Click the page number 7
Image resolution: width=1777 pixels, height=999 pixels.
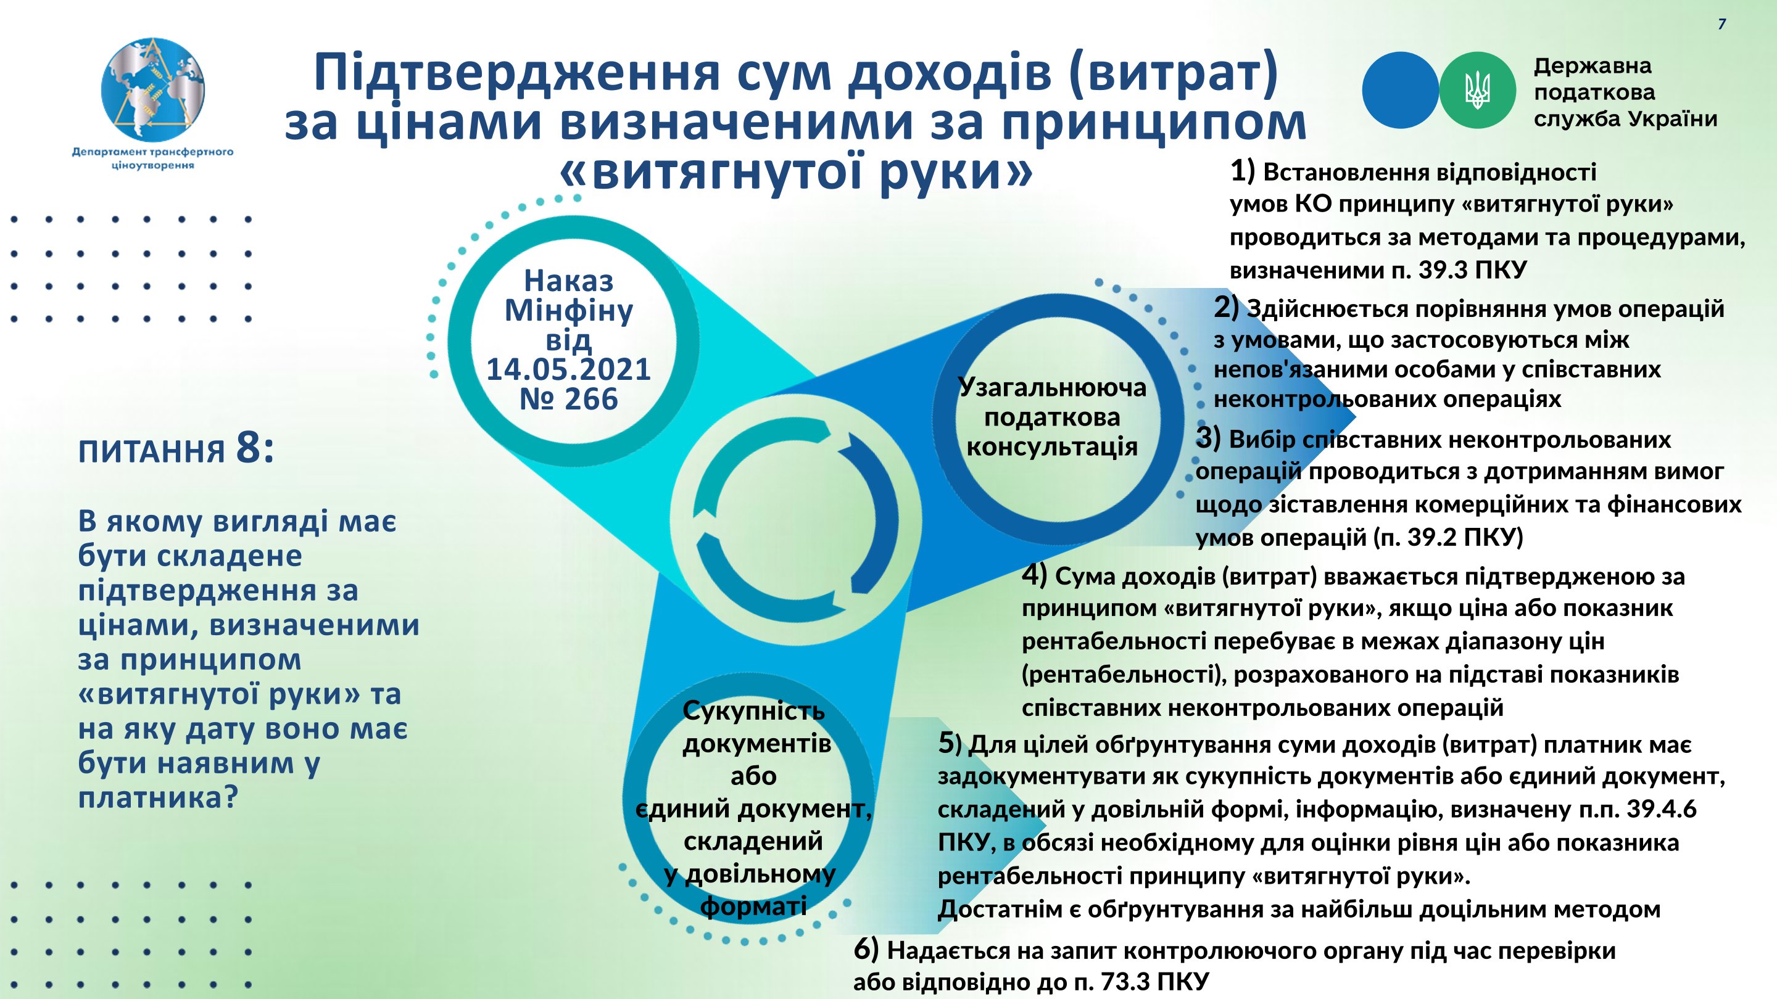pos(1722,24)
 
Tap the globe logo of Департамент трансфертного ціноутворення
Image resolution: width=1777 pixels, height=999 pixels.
pos(153,89)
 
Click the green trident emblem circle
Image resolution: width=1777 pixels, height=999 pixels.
pos(1477,90)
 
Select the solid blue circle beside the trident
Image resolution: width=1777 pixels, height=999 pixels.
pos(1401,90)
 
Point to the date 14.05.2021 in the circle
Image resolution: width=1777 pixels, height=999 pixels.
pos(568,369)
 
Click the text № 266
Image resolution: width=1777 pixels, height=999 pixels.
pos(568,399)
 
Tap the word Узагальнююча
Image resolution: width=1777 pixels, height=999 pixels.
pos(1052,387)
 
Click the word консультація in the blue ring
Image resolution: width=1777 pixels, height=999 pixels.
pos(1052,446)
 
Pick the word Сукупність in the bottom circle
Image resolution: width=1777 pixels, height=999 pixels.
pos(753,710)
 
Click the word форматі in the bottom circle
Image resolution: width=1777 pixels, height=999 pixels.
pos(753,906)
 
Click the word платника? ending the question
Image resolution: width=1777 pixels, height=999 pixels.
pos(158,799)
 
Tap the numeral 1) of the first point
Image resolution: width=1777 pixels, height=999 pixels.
pos(1243,171)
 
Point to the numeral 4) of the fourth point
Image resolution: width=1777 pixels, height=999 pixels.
pos(1035,575)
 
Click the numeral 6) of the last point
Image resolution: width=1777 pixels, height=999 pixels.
pos(866,950)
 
